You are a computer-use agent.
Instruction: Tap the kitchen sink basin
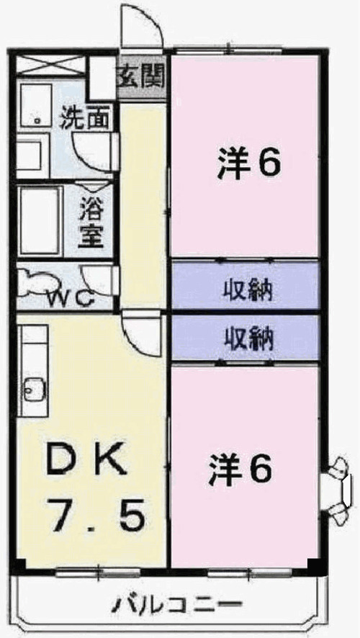pos(32,389)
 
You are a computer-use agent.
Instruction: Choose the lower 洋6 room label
pos(240,472)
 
